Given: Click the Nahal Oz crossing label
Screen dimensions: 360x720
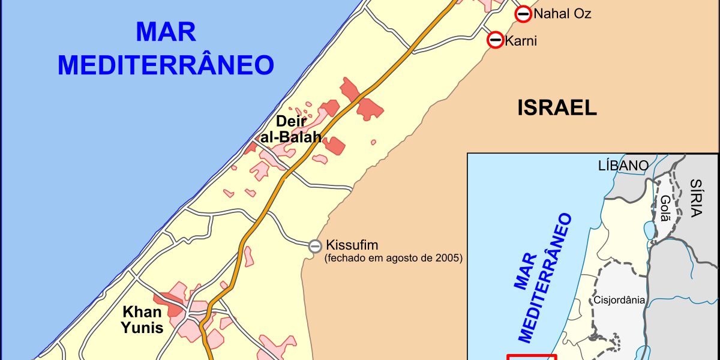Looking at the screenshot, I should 562,14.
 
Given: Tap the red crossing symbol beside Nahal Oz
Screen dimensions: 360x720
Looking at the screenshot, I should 523,14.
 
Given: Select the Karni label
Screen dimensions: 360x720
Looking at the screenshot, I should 521,41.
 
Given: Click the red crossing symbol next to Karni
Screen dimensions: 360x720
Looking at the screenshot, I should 496,40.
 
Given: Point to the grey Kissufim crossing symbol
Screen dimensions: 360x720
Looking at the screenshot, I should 315,245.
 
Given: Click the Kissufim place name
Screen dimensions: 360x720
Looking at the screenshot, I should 352,245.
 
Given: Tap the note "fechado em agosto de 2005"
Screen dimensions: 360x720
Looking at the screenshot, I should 393,259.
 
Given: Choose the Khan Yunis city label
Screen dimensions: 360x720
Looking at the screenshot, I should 142,319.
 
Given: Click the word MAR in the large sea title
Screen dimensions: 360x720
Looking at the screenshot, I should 166,32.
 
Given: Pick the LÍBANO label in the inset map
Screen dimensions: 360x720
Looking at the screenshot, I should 623,166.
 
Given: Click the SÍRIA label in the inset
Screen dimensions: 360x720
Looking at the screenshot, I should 696,197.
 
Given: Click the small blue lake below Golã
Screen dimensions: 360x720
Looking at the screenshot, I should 649,229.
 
